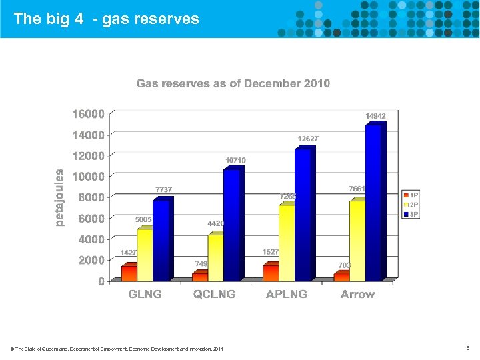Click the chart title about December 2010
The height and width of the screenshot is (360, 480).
coord(233,83)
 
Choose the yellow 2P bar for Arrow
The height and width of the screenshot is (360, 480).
coord(358,240)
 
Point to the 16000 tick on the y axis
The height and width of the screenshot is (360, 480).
coord(88,114)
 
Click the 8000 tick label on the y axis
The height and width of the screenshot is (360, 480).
coord(91,197)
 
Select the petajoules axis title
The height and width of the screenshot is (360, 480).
coord(59,197)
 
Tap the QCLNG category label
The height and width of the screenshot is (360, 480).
coord(215,294)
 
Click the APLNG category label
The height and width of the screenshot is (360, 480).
coord(287,294)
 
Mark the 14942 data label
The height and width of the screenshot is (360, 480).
coord(375,116)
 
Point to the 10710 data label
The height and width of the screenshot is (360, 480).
coord(235,161)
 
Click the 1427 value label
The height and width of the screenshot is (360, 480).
coord(129,253)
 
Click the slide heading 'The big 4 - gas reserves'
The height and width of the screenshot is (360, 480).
coord(106,19)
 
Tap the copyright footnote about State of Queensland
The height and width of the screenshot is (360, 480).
coord(117,349)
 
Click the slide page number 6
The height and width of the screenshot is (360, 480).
coord(469,348)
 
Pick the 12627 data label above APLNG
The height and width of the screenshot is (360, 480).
coord(307,139)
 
